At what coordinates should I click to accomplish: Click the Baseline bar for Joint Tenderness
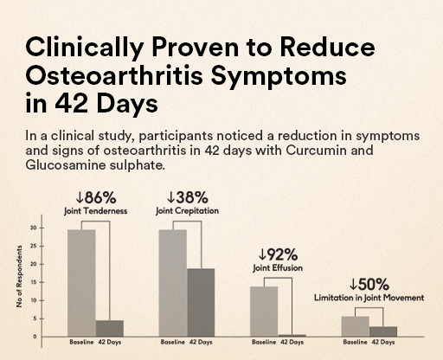pos(81,282)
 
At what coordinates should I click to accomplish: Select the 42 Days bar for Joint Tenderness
pos(109,328)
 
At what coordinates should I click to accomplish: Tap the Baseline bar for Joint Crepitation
pos(172,282)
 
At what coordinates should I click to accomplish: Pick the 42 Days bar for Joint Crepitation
pos(201,302)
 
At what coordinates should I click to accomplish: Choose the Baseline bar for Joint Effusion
pos(264,311)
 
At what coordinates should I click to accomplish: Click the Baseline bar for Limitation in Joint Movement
pos(355,326)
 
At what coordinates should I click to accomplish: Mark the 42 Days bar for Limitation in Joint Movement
pos(383,331)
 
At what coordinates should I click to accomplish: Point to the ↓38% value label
pos(187,196)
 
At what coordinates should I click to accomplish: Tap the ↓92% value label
pos(278,254)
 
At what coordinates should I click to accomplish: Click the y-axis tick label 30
pos(34,228)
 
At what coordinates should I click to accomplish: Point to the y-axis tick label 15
pos(34,282)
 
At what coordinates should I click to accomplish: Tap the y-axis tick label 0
pos(35,336)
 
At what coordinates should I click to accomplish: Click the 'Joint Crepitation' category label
pos(188,210)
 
